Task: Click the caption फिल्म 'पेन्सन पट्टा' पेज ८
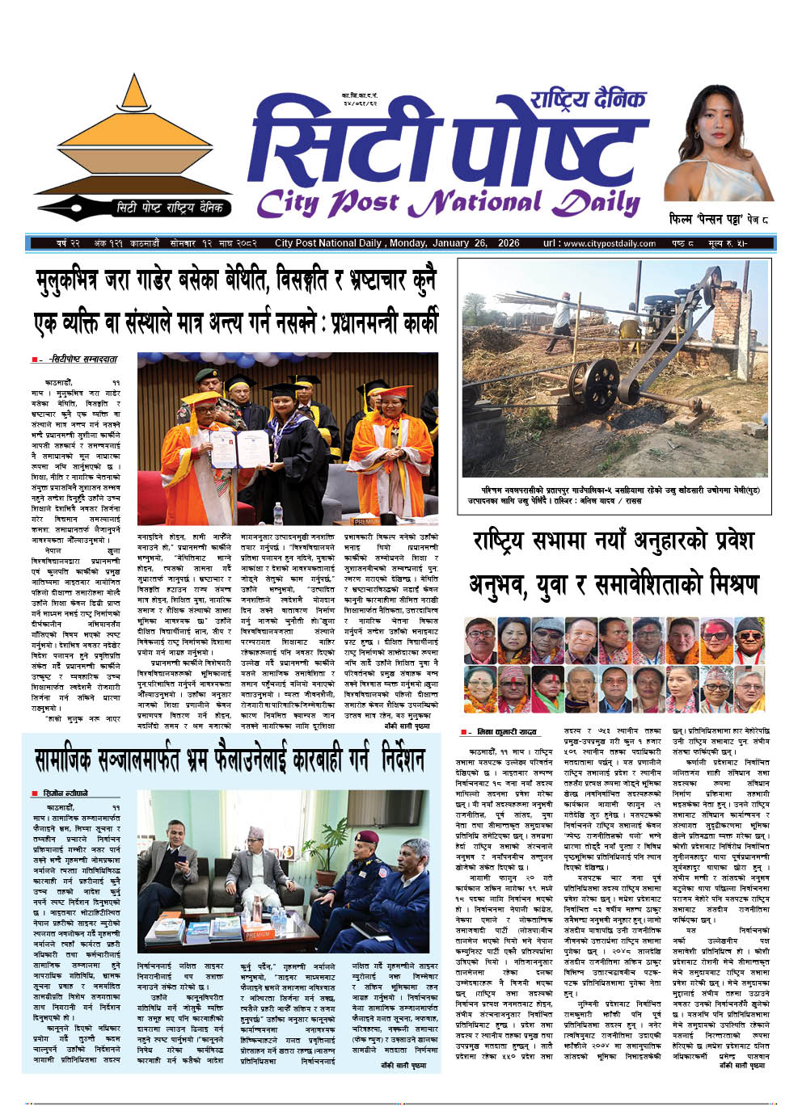pyautogui.click(x=719, y=219)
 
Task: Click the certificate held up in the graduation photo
pyautogui.click(x=240, y=448)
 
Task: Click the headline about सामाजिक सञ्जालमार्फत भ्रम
pyautogui.click(x=230, y=760)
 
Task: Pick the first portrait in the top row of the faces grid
pyautogui.click(x=479, y=641)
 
